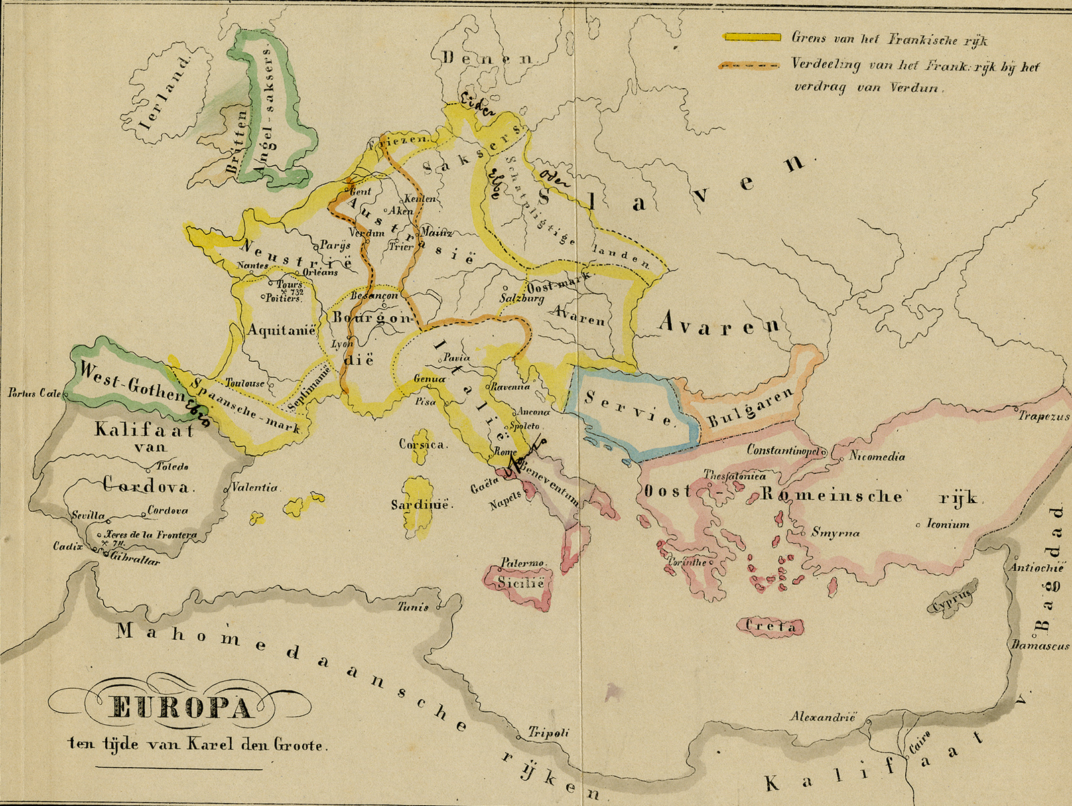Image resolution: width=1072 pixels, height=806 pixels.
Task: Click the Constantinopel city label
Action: tap(783, 450)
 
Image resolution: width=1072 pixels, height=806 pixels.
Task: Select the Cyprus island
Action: tap(950, 600)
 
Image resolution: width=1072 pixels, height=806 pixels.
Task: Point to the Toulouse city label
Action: tap(244, 383)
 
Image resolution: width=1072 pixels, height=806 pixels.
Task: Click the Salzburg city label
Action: tap(522, 299)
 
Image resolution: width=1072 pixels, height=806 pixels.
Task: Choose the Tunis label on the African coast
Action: tap(413, 608)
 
